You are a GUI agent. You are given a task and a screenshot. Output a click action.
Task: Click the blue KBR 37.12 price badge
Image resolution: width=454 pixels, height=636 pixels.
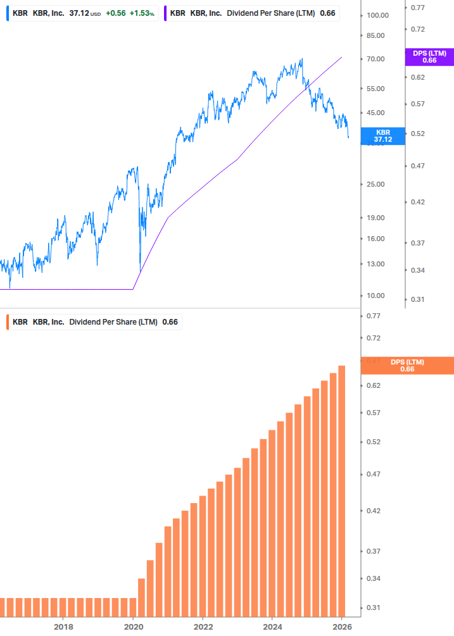coord(383,136)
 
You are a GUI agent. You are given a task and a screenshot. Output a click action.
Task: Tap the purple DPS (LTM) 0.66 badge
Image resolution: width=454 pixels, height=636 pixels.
coord(429,57)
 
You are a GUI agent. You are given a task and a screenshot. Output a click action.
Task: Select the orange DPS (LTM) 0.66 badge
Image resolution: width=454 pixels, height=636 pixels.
coord(407,365)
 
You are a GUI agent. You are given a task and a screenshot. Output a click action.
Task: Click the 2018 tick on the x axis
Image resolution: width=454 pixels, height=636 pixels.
coord(63,627)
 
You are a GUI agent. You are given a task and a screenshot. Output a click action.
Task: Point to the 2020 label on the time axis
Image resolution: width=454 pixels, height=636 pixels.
coord(133,627)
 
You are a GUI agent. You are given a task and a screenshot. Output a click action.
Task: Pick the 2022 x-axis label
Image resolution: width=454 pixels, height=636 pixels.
coord(203,627)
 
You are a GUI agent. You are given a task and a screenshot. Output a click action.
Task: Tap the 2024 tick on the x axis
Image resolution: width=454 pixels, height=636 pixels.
coord(272,627)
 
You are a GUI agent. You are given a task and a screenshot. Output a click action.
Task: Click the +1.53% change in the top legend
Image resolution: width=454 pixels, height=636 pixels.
coord(142,13)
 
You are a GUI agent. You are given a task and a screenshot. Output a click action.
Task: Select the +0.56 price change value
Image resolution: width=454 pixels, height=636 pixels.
coord(115,13)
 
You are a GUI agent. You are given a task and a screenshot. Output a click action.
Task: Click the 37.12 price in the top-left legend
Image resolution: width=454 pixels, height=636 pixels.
coord(79,13)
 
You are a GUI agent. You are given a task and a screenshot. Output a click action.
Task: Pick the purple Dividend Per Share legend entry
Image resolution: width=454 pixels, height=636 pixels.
coord(253,13)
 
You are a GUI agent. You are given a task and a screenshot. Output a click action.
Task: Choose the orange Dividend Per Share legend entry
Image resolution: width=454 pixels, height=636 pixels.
coord(95,321)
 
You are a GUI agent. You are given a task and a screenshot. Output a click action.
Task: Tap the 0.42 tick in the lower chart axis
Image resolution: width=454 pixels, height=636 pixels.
coord(374,511)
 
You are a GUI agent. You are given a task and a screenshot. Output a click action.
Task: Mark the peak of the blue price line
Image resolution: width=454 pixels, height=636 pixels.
coord(302,59)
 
